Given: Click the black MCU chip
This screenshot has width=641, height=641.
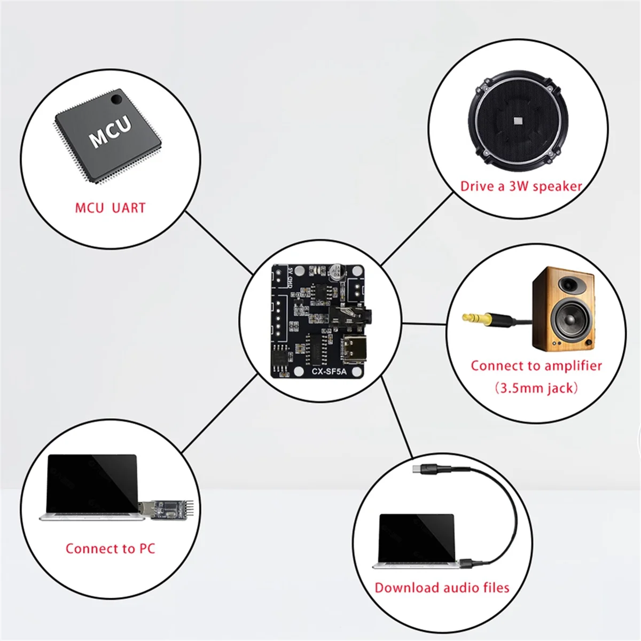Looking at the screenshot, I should pyautogui.click(x=107, y=137).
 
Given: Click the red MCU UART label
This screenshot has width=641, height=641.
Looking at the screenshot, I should pyautogui.click(x=110, y=208).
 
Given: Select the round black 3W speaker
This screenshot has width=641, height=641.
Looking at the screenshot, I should pyautogui.click(x=517, y=123).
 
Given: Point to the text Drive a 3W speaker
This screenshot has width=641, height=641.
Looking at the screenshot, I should pyautogui.click(x=521, y=186).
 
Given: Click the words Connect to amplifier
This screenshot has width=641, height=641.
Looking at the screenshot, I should pyautogui.click(x=536, y=366).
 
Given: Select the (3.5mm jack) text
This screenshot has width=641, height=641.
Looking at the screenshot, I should pyautogui.click(x=536, y=388).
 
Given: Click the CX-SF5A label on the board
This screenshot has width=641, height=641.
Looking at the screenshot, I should pyautogui.click(x=329, y=371).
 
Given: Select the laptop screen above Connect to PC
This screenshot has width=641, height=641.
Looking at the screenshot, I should pyautogui.click(x=91, y=483).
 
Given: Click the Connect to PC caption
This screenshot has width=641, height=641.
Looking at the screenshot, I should pyautogui.click(x=110, y=549).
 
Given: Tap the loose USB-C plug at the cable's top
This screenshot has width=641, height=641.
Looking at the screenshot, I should pyautogui.click(x=418, y=470).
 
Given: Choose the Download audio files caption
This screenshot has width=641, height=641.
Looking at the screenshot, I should pyautogui.click(x=442, y=588).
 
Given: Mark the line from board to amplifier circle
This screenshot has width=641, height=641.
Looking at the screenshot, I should pyautogui.click(x=423, y=323).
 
